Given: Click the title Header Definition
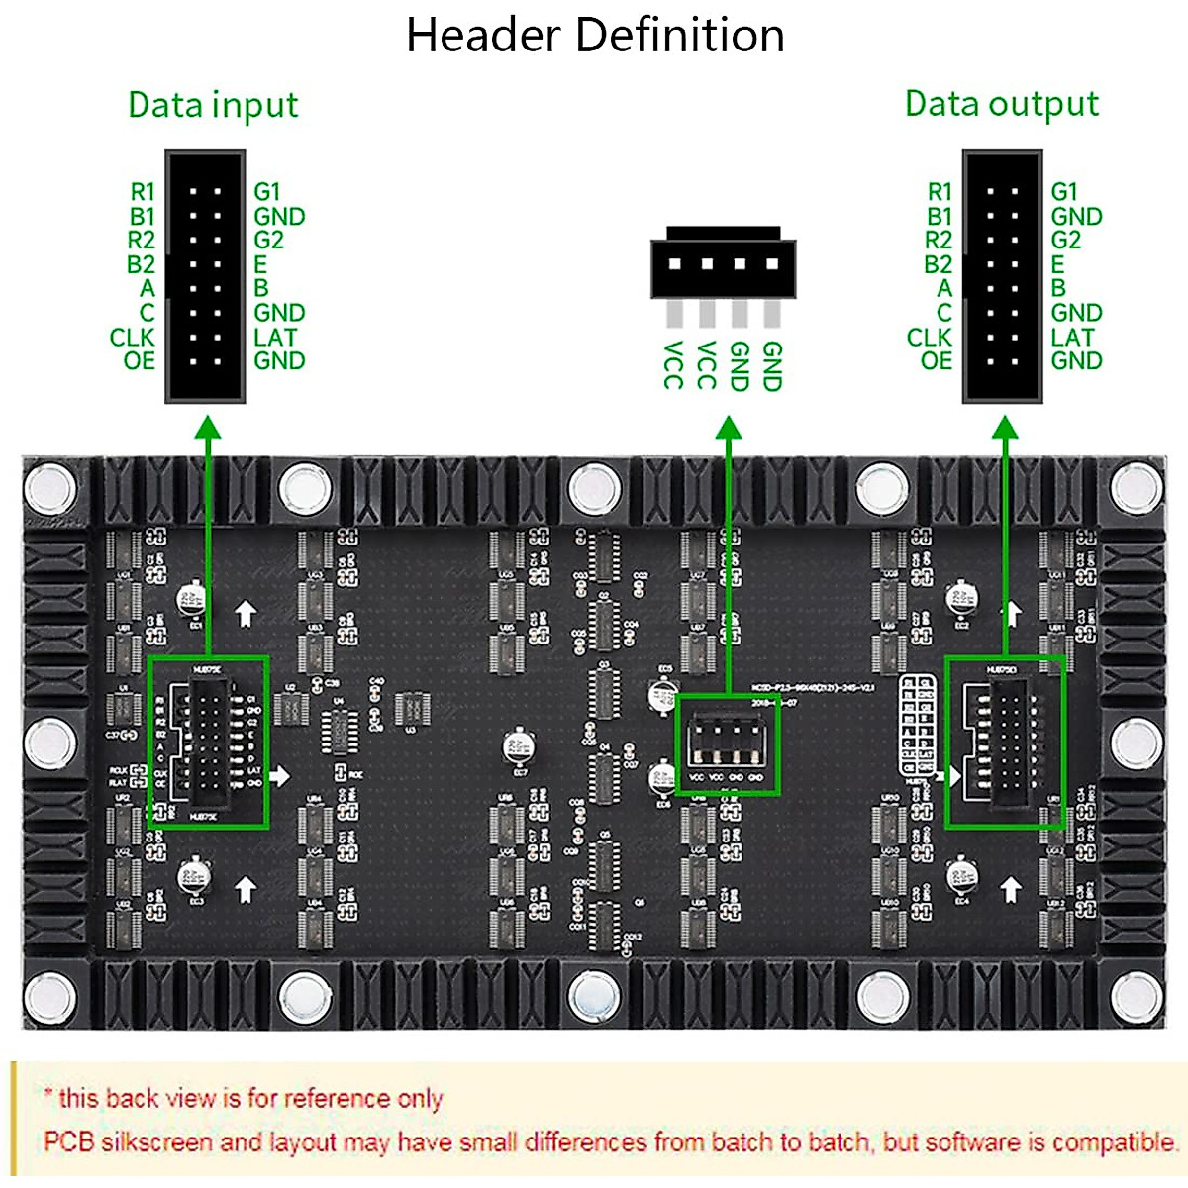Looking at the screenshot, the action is click(x=595, y=36).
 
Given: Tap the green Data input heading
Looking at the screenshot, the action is click(x=213, y=105).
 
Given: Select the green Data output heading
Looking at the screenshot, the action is click(x=1001, y=104).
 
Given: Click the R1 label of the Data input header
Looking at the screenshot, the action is click(x=143, y=191).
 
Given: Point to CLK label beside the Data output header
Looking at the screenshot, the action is click(x=929, y=337).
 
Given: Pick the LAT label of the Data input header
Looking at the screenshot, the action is click(x=274, y=337).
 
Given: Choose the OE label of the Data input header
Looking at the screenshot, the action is click(x=140, y=360).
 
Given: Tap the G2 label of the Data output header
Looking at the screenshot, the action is click(x=1065, y=240).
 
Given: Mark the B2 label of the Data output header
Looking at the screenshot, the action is click(x=938, y=264).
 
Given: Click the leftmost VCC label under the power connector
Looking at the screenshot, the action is click(x=673, y=364).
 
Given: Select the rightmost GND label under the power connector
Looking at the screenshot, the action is click(x=772, y=366).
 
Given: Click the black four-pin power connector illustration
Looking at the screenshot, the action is click(x=723, y=263).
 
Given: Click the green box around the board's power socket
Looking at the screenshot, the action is click(x=728, y=743).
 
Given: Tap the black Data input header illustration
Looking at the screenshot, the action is click(x=205, y=276).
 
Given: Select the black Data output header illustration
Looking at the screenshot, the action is click(x=1002, y=276).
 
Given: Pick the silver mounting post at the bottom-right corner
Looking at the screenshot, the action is click(x=1137, y=995).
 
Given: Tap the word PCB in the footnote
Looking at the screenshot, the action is click(x=68, y=1141).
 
